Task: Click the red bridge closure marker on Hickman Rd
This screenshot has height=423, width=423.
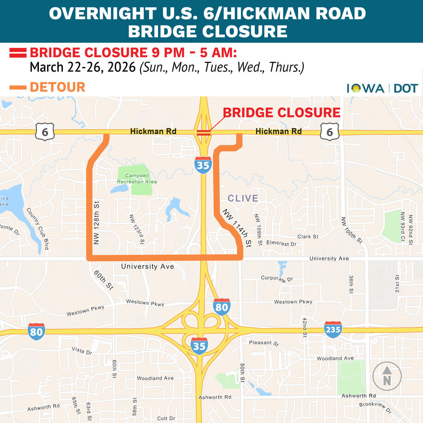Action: coord(203,132)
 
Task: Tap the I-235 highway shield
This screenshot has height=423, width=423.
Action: coord(333,330)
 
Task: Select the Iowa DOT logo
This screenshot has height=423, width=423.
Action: coord(382,88)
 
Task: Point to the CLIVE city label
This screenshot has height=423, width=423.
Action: coord(243,198)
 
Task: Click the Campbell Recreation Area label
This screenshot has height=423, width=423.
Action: coord(137,179)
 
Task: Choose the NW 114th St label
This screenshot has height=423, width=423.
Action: coord(237,227)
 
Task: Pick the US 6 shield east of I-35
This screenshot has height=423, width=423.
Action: coord(329,133)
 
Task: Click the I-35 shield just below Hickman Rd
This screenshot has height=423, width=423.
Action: coord(203,165)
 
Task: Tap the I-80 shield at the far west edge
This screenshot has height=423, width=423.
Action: coord(37,331)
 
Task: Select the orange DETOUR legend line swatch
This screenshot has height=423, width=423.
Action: coord(18,87)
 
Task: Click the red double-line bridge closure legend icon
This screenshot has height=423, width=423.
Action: coord(18,52)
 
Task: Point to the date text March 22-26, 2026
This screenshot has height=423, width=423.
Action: coord(83,67)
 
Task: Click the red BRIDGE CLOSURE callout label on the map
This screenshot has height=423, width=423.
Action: coord(282,113)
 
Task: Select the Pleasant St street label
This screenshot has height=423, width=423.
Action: coord(264,343)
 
